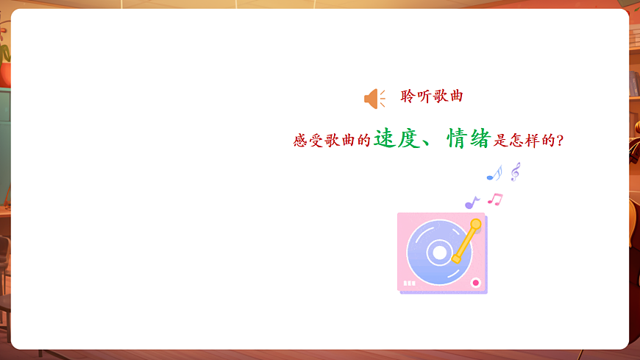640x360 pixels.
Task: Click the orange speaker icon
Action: [x=374, y=99]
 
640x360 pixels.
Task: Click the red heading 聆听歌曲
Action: [x=432, y=96]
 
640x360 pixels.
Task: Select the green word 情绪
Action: [x=469, y=138]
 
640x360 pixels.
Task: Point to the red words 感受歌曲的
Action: [x=332, y=140]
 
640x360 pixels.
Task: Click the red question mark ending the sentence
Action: [x=560, y=141]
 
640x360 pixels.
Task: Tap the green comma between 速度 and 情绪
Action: [x=429, y=143]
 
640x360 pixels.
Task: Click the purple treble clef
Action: [x=515, y=172]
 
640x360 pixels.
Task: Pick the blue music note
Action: [x=494, y=174]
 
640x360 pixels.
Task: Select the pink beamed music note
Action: [x=495, y=199]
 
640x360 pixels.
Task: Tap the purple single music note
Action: [x=471, y=202]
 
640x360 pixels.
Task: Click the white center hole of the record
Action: [x=439, y=253]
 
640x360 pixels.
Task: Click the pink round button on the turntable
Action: [x=475, y=282]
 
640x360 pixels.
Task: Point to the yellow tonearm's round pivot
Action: [x=475, y=224]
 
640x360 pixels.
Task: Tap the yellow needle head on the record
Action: [x=458, y=258]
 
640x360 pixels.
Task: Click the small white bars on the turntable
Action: [x=410, y=283]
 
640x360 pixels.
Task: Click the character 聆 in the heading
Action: [x=408, y=96]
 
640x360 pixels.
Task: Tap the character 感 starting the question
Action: [x=300, y=140]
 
